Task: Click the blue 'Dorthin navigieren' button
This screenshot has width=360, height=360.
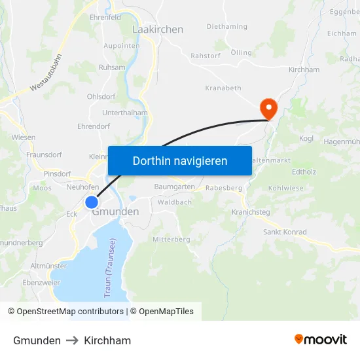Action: click(x=180, y=160)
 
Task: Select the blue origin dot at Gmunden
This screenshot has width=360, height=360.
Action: click(x=92, y=202)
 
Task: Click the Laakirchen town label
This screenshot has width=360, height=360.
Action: click(x=158, y=29)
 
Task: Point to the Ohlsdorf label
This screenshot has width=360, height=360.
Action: click(x=101, y=96)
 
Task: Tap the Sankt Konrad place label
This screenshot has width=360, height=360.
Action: click(x=285, y=232)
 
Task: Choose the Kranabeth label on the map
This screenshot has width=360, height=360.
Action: click(x=223, y=88)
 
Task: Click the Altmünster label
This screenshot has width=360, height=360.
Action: click(x=48, y=266)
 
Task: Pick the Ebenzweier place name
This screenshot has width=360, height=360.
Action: click(x=41, y=283)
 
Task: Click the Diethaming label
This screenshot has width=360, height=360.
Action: click(x=227, y=27)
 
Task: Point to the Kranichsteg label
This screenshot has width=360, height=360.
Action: click(x=251, y=212)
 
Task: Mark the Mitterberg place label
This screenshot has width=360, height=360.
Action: click(x=171, y=240)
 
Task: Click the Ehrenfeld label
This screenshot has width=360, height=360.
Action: click(x=105, y=18)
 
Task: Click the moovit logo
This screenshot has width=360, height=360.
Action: click(x=321, y=340)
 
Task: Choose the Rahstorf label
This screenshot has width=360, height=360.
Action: click(x=206, y=56)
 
